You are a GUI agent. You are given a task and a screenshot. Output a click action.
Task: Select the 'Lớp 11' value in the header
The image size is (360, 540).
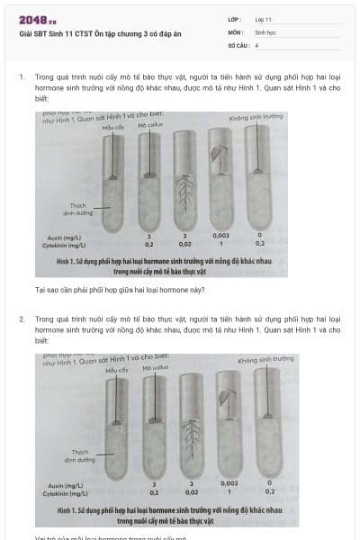click(264, 19)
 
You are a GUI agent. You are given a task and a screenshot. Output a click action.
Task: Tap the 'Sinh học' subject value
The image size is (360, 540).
click(265, 31)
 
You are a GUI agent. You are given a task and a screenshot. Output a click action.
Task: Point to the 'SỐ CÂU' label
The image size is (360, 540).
click(237, 44)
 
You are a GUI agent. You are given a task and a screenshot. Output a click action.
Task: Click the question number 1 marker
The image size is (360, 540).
click(21, 77)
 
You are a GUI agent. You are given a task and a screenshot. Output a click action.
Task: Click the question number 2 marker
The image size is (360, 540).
click(21, 319)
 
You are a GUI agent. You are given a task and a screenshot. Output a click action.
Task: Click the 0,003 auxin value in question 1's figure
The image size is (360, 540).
click(220, 236)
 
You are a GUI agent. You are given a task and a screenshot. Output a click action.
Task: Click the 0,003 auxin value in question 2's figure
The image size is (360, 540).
click(226, 484)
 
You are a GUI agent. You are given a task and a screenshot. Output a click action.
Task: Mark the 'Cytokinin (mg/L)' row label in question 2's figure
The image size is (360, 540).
click(66, 493)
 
